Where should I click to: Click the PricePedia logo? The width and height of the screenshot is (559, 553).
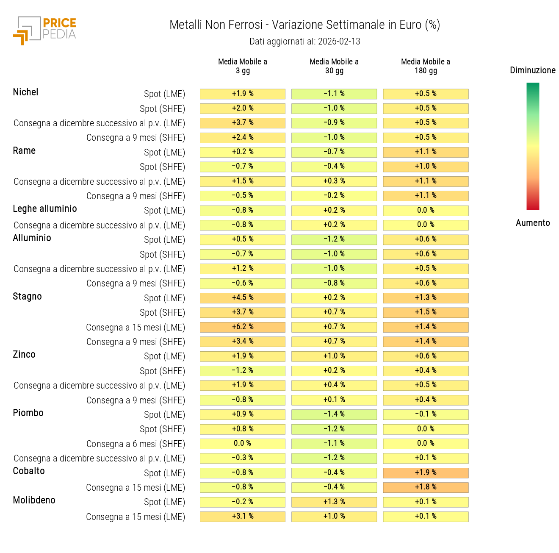44,30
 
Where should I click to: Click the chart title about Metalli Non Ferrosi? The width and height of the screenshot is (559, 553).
304,25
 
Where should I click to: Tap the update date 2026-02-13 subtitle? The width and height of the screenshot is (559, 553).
304,42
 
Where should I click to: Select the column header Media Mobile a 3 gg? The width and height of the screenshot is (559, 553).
243,66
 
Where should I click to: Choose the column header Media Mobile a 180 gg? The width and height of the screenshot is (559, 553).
426,66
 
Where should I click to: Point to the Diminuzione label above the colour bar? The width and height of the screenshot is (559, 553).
532,70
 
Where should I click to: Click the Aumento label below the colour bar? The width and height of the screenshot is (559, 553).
532,223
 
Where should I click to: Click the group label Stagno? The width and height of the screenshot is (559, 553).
27,297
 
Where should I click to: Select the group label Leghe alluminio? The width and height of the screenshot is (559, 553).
45,209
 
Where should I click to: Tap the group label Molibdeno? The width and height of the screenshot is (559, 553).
34,500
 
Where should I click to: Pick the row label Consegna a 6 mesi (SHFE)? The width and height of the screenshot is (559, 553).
136,444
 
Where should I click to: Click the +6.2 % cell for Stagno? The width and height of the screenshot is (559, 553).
243,327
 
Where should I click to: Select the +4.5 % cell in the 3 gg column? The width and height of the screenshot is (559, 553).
243,298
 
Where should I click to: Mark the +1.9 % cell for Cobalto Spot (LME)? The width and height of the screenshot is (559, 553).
426,473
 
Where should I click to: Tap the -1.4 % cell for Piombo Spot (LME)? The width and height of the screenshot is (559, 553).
334,414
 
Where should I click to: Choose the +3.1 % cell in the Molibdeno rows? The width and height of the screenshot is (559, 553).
243,517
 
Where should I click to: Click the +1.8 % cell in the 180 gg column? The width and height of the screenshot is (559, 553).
426,487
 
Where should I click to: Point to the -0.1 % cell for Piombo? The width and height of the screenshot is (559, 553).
426,414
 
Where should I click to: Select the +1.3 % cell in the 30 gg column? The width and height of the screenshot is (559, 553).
334,502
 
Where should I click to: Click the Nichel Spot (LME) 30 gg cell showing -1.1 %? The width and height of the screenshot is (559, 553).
334,94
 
